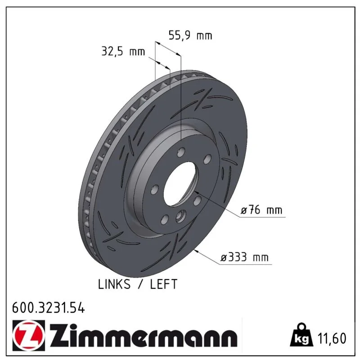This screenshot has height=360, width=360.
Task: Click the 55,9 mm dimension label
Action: pyautogui.click(x=190, y=36)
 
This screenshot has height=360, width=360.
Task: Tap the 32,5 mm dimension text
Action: pyautogui.click(x=123, y=51)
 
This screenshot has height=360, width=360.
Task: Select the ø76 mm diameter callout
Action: pyautogui.click(x=261, y=210)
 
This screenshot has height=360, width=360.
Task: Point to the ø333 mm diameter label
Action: pyautogui.click(x=244, y=257)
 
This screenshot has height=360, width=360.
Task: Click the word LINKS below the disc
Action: pyautogui.click(x=114, y=284)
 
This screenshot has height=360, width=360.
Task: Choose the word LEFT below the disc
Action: pyautogui.click(x=164, y=284)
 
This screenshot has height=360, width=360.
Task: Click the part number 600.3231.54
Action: pyautogui.click(x=49, y=308)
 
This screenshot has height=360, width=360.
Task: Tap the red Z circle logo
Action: pyautogui.click(x=29, y=335)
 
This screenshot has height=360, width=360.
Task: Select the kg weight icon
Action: pyautogui.click(x=301, y=335)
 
